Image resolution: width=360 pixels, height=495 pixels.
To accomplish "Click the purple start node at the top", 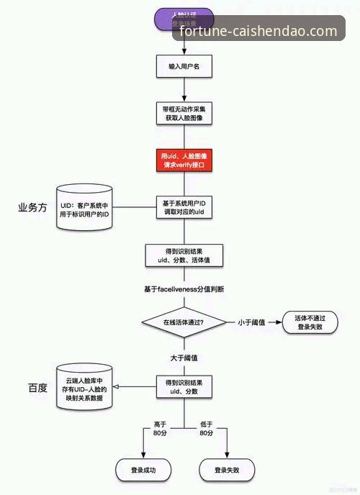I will pos(184,19).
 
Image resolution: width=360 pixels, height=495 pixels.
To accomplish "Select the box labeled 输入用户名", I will pos(184,66).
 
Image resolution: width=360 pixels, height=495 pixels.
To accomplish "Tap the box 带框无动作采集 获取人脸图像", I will pos(184,113).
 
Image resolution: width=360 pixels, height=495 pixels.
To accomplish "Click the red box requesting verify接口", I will pos(184,160).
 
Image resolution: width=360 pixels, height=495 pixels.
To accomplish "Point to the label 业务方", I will pos(32,207).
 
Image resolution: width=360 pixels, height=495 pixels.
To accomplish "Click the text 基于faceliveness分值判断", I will pos(184,289).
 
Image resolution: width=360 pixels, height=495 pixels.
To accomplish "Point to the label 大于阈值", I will pos(184,358).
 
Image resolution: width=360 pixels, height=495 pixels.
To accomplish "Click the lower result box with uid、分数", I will pos(184,386).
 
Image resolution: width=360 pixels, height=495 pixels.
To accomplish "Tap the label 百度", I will pos(37,388).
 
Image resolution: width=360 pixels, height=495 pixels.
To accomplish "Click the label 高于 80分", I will pos(160,430).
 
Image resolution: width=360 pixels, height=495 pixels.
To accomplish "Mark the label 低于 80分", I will pos(206,430).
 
